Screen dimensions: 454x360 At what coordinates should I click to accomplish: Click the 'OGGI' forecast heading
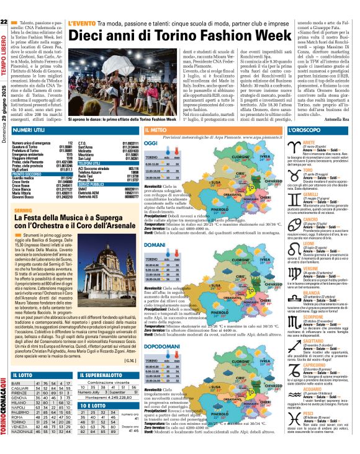tap(150, 143)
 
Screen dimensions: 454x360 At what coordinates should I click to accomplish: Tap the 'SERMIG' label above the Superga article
tap(22, 211)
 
